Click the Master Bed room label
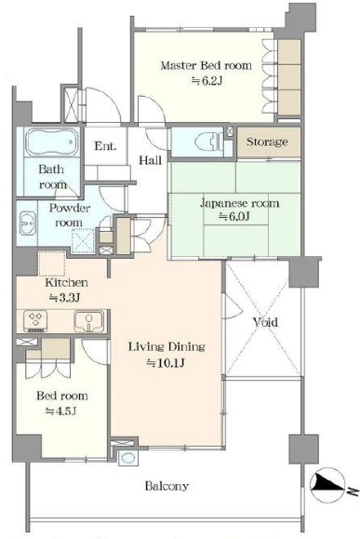(207, 65)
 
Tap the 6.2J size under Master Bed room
(207, 81)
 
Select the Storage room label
(267, 141)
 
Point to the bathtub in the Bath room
(52, 142)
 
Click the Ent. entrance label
(105, 146)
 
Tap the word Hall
(150, 160)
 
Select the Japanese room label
(239, 203)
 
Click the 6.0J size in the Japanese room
(234, 217)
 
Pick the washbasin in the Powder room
(28, 223)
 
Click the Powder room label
(70, 215)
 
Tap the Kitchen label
(67, 283)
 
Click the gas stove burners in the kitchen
(35, 321)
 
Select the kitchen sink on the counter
(89, 321)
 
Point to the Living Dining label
(167, 346)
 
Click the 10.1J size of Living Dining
(166, 363)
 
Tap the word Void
(265, 322)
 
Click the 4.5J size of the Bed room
(61, 411)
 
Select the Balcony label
(167, 486)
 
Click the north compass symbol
(327, 485)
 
